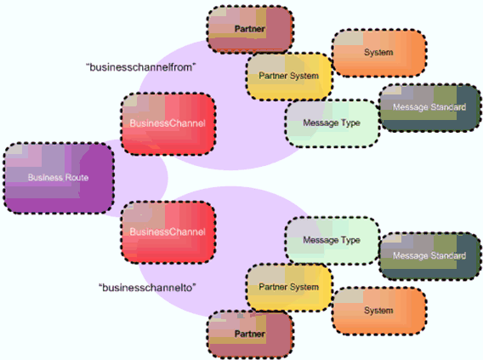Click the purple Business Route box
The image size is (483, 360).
[x=59, y=178]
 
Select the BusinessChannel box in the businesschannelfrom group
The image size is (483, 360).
[x=168, y=123]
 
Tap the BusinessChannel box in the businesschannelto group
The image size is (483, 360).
[x=168, y=231]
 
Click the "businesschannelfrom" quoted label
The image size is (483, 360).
[x=141, y=67]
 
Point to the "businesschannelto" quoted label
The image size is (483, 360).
[x=147, y=288]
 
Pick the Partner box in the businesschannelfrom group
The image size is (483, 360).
[x=250, y=29]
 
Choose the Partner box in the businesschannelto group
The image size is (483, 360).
[x=250, y=334]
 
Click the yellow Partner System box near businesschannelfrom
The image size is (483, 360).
[x=289, y=76]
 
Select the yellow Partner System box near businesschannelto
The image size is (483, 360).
[x=289, y=288]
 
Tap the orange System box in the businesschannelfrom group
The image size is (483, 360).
[x=379, y=53]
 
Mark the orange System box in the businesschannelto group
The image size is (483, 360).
[x=379, y=311]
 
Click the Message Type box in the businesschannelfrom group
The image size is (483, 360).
[x=332, y=123]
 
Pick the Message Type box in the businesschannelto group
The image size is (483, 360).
[x=332, y=240]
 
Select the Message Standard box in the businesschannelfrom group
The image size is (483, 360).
[x=429, y=107]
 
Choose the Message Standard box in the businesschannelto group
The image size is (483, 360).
[x=429, y=256]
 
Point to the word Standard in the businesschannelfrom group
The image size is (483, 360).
[x=448, y=107]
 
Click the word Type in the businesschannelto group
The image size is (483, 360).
[x=350, y=241]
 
